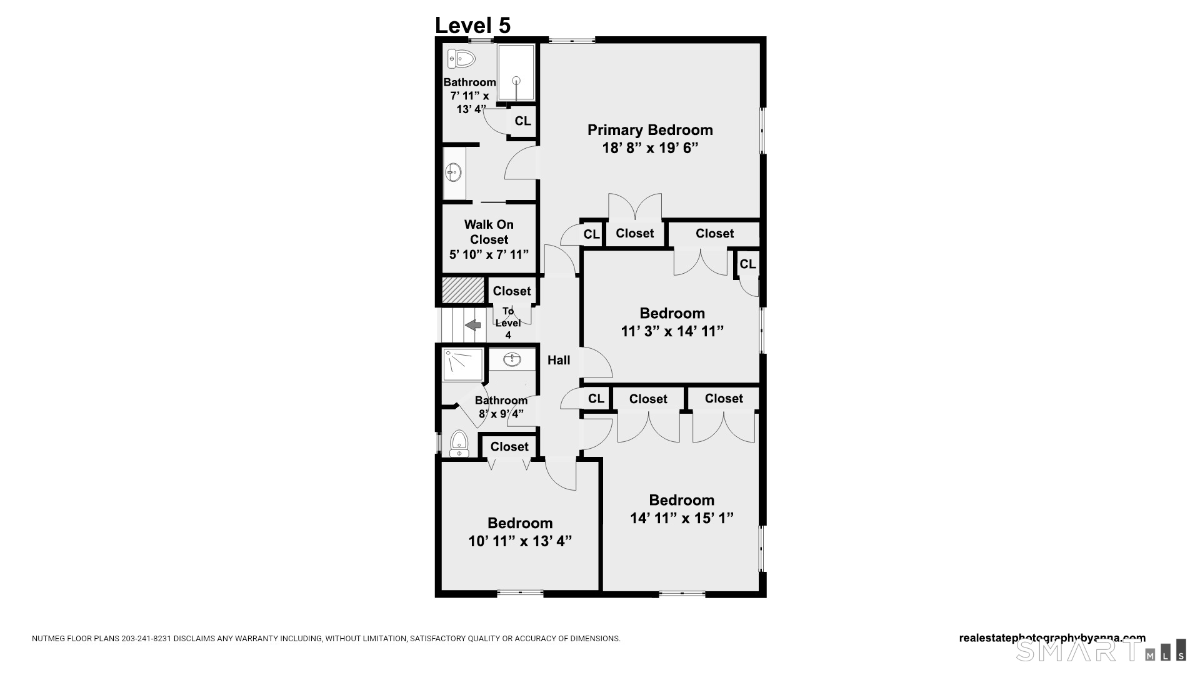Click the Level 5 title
tap(472, 26)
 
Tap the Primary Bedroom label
tap(649, 130)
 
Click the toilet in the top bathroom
tap(462, 59)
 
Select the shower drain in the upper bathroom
tap(516, 80)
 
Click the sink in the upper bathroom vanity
tap(453, 172)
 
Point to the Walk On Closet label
tap(489, 232)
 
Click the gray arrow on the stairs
tap(473, 325)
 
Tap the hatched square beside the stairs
tap(463, 291)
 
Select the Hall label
tap(559, 360)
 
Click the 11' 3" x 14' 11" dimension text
tap(672, 331)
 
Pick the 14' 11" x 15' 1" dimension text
tap(681, 518)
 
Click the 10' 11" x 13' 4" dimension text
tap(520, 541)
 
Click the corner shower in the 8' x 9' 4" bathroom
tap(462, 365)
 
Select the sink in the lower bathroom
tap(512, 359)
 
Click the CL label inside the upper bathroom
tap(522, 121)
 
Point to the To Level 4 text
tap(508, 322)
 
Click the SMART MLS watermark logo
tap(1100, 651)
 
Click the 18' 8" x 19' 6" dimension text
tap(649, 148)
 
